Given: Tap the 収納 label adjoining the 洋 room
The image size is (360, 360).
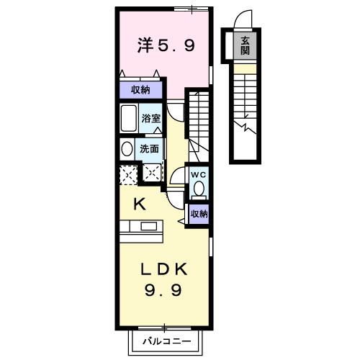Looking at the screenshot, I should (x=140, y=89).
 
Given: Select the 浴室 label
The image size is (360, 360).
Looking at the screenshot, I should (x=150, y=117).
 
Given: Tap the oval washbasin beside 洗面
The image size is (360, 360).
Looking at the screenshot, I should (x=127, y=150).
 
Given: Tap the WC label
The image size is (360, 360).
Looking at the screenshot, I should (x=199, y=174).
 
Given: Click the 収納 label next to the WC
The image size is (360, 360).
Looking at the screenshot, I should (x=199, y=214).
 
